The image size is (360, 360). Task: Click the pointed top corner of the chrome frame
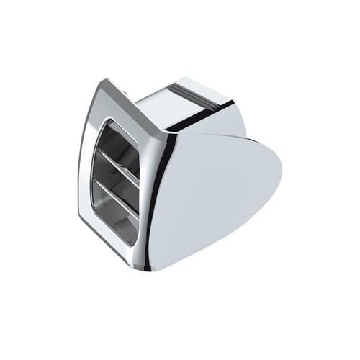(x=107, y=82)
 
